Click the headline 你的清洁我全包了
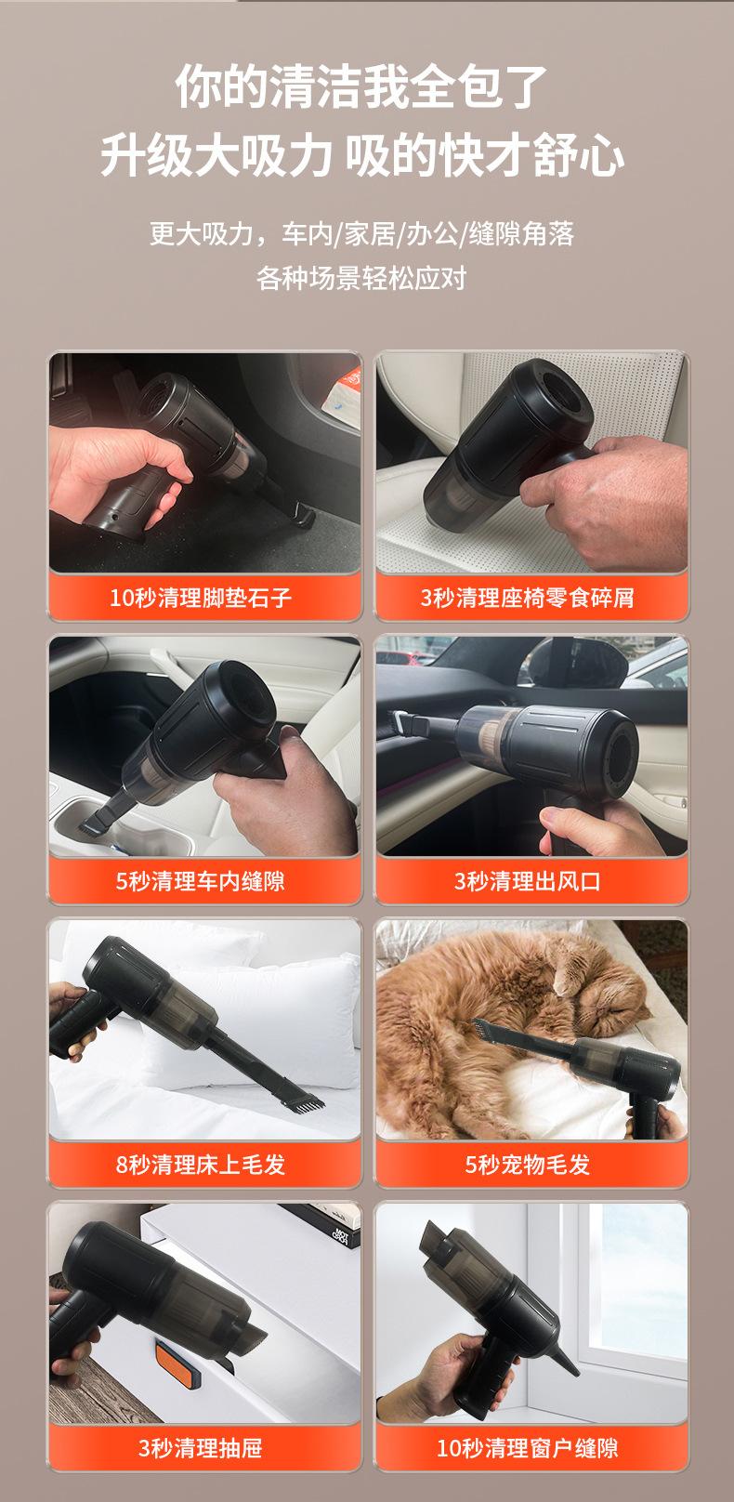pos(361,86)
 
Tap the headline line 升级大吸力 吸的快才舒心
pos(362,155)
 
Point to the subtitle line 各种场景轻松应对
pos(361,278)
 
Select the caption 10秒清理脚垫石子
pos(201,597)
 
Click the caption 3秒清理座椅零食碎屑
pos(528,597)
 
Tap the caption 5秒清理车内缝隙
pos(201,880)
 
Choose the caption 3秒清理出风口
pos(528,880)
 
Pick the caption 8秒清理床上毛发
pos(201,1164)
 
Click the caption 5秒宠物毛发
pos(528,1164)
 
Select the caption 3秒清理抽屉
pos(201,1448)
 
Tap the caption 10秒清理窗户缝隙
pos(528,1448)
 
